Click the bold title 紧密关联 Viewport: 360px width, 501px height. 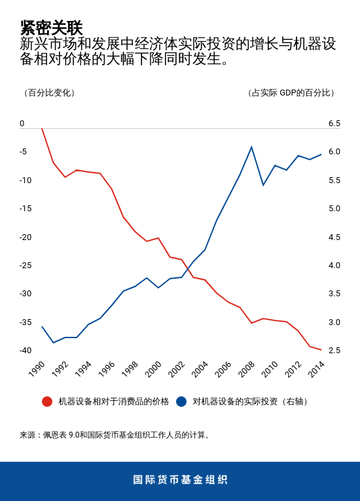(51, 27)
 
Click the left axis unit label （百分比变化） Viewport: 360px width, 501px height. (50, 93)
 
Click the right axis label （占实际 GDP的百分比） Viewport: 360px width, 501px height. (291, 93)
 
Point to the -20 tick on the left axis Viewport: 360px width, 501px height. (26, 237)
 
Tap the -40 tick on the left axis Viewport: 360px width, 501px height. (26, 350)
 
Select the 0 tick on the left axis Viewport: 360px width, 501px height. (22, 124)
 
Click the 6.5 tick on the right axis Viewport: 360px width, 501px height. (334, 124)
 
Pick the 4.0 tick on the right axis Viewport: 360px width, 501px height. (334, 265)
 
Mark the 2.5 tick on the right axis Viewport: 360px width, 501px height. (334, 350)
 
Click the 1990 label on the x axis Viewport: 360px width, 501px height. (37, 369)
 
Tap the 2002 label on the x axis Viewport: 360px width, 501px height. (177, 369)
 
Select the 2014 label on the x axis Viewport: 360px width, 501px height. (316, 369)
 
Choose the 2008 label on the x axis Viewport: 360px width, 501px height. (247, 369)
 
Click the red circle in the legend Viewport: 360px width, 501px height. (47, 402)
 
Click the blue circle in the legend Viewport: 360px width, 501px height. (181, 402)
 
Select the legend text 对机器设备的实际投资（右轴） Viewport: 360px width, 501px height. (251, 402)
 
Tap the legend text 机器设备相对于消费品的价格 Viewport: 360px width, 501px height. (113, 402)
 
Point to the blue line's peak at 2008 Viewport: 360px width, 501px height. (251, 147)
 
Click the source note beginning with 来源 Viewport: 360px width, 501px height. (116, 435)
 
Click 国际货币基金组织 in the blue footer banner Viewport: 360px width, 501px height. (180, 480)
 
